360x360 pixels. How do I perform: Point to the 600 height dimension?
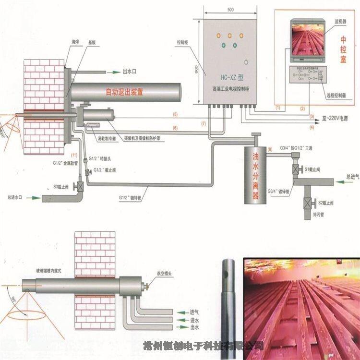pyautogui.click(x=196, y=70)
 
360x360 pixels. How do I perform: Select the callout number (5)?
pyautogui.click(x=175, y=115)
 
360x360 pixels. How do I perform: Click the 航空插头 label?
pyautogui.click(x=161, y=271)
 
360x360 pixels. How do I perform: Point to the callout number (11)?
pyautogui.click(x=73, y=155)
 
